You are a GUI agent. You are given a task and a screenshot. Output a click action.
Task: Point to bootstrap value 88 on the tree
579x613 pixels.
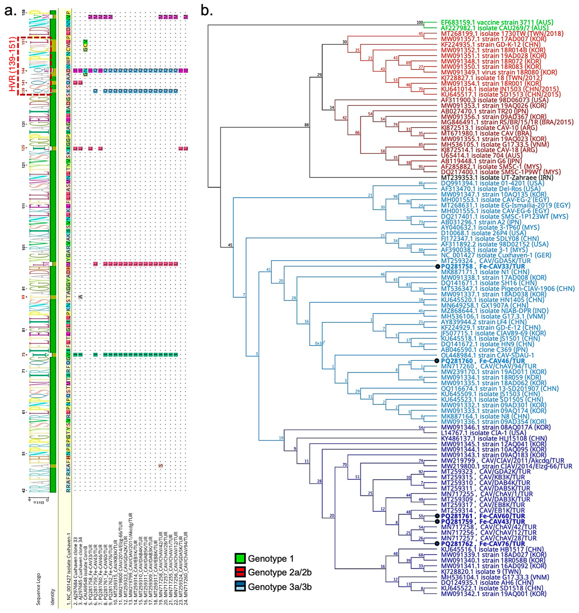tap(307, 125)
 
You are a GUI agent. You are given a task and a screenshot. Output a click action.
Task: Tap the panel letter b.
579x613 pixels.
tap(207, 11)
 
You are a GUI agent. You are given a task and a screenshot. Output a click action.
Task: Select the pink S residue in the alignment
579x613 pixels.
tap(160, 466)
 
